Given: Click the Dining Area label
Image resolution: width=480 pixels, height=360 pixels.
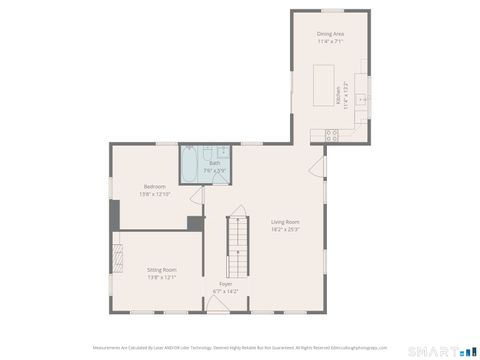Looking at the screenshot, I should [330, 34].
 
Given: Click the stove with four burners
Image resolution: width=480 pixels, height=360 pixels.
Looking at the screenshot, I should [331, 135].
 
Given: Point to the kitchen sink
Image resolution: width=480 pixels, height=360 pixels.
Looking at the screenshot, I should [362, 100].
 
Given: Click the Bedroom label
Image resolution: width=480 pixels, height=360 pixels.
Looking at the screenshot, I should [154, 187].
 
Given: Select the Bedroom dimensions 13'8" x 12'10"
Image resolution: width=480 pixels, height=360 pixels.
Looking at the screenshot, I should [154, 194].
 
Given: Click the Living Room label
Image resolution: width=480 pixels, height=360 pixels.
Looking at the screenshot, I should [285, 221].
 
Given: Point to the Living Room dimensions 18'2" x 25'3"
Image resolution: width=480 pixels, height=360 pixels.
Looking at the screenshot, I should [285, 228].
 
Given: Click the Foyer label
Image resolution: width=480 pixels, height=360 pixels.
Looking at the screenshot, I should [226, 284].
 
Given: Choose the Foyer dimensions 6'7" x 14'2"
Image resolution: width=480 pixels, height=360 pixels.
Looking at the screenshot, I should [226, 291].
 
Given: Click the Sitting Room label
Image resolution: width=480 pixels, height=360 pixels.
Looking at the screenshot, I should [162, 270].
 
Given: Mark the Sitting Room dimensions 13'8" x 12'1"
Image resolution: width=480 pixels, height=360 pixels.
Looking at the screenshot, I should [162, 277].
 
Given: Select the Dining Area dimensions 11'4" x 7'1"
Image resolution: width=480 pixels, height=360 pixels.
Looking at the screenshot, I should [330, 41].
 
